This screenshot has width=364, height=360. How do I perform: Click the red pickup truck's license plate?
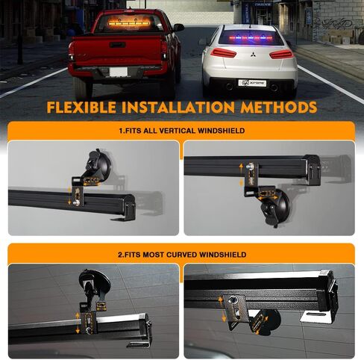tap(119, 72)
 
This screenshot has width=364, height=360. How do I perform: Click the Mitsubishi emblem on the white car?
tap(251, 55)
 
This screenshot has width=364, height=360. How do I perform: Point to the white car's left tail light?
tap(223, 53)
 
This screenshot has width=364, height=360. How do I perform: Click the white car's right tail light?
tap(281, 54)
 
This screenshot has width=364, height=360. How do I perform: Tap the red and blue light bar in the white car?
tap(251, 38)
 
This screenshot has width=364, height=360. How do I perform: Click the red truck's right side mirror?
tap(178, 28)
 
